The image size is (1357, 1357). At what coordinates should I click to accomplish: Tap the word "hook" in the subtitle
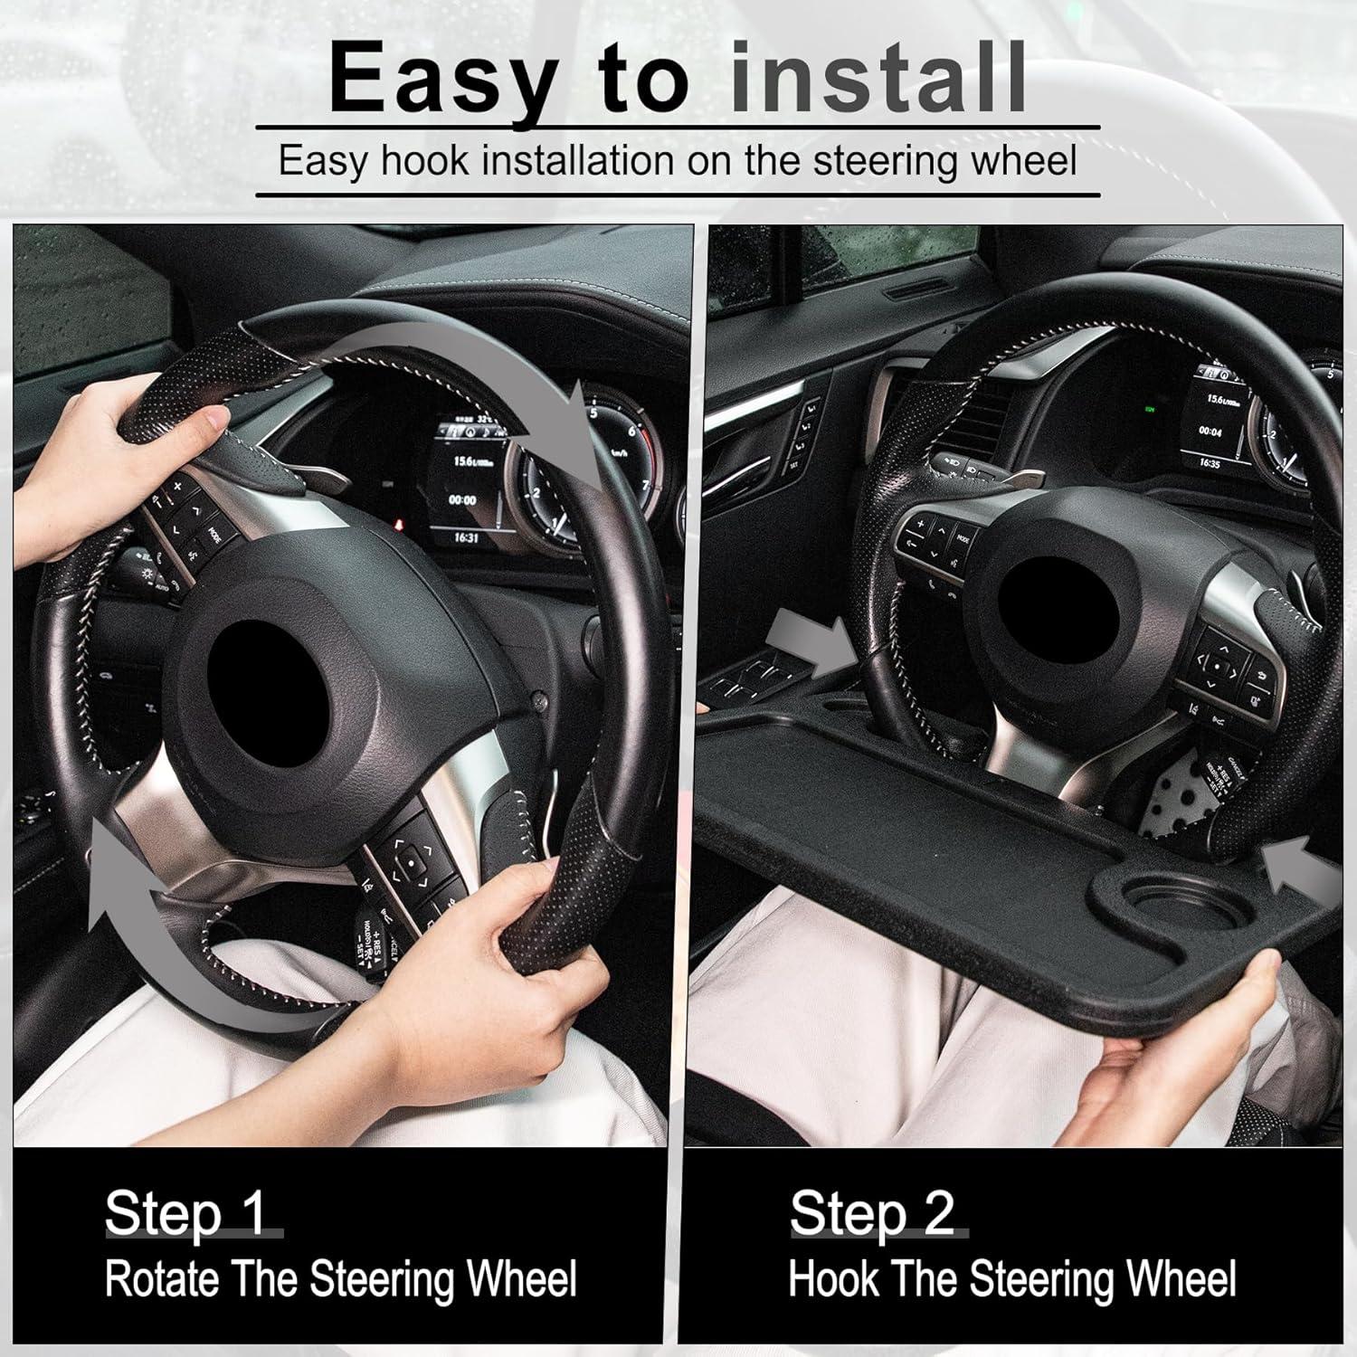tap(425, 161)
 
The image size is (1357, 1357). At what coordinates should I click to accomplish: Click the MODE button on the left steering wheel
tap(214, 534)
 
